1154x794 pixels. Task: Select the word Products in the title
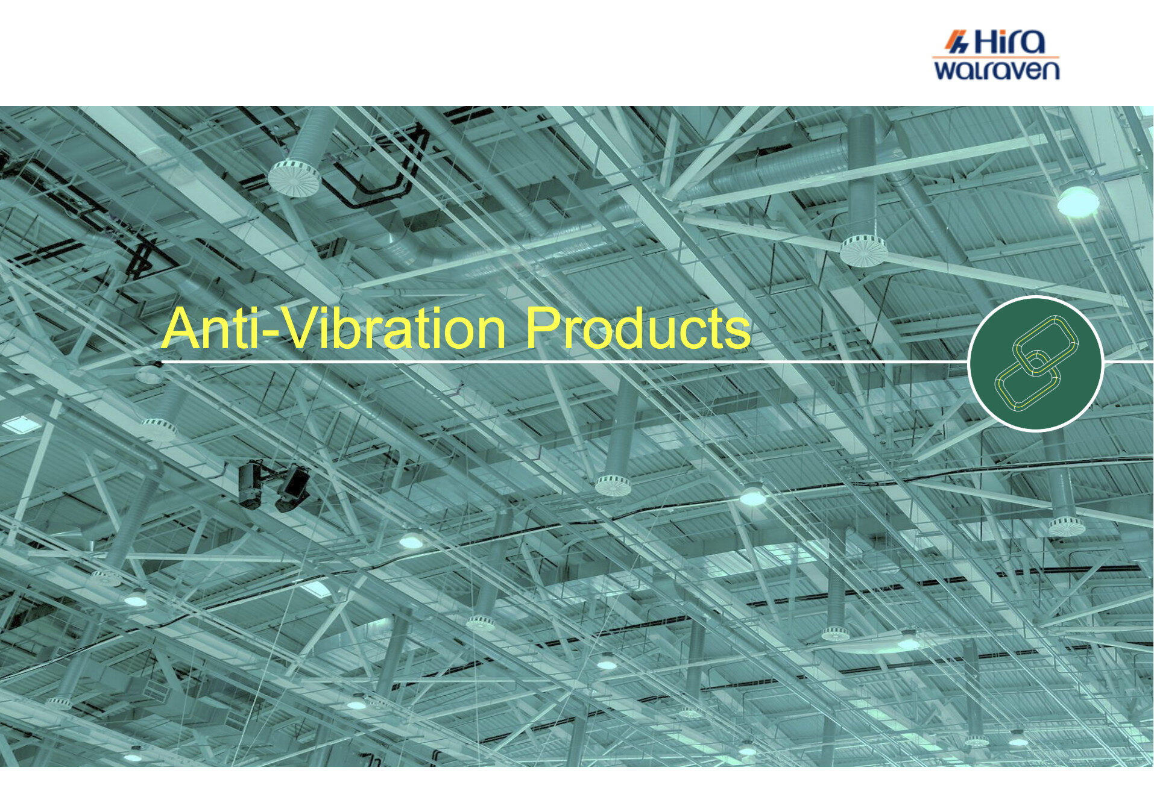coord(638,328)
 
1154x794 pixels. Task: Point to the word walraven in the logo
coord(997,69)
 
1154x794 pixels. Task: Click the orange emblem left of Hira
coord(956,42)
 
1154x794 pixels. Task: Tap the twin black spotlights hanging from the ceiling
coord(274,486)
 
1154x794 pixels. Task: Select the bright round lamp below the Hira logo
coord(1078,201)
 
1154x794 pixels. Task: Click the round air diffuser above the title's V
coord(294,178)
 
